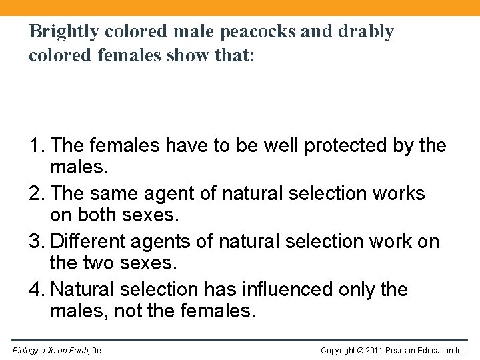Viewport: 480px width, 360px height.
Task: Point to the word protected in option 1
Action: click(x=347, y=145)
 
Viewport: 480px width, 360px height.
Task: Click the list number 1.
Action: click(x=35, y=145)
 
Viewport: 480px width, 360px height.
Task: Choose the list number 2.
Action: click(x=35, y=193)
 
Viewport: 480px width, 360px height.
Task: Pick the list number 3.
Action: click(x=35, y=241)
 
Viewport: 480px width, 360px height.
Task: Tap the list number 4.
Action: click(x=35, y=289)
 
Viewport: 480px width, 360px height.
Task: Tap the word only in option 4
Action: click(x=365, y=289)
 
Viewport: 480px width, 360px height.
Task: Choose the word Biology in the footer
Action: click(x=25, y=350)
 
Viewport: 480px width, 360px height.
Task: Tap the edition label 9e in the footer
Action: click(x=96, y=350)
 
